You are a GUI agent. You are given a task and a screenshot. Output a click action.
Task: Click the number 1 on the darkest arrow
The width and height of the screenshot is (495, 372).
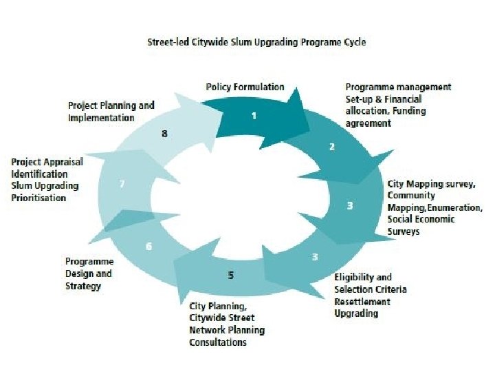[254, 116]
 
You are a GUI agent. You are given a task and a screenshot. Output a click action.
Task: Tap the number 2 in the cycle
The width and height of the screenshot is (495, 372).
[331, 147]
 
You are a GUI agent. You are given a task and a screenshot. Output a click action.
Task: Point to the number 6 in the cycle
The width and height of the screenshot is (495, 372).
[149, 246]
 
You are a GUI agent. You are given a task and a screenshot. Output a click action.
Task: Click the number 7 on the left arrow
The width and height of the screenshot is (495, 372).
[122, 184]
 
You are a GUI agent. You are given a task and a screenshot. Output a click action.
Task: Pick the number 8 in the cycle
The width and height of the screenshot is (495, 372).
[164, 134]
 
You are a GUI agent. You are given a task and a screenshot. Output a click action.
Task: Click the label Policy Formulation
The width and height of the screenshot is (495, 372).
[245, 87]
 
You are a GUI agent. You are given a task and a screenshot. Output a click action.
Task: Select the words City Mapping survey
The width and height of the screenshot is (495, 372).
[430, 185]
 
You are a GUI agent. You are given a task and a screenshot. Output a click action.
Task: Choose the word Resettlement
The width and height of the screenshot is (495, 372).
[362, 302]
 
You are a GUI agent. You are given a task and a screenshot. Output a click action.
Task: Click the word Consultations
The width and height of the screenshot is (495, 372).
[217, 342]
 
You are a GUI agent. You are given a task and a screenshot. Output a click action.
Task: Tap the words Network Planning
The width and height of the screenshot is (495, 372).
[227, 330]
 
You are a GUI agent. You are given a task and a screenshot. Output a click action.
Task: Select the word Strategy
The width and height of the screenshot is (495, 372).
[83, 285]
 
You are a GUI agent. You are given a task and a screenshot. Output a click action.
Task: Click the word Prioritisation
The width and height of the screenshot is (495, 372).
[38, 198]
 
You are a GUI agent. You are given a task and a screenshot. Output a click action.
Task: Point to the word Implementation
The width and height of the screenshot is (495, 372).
[101, 118]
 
